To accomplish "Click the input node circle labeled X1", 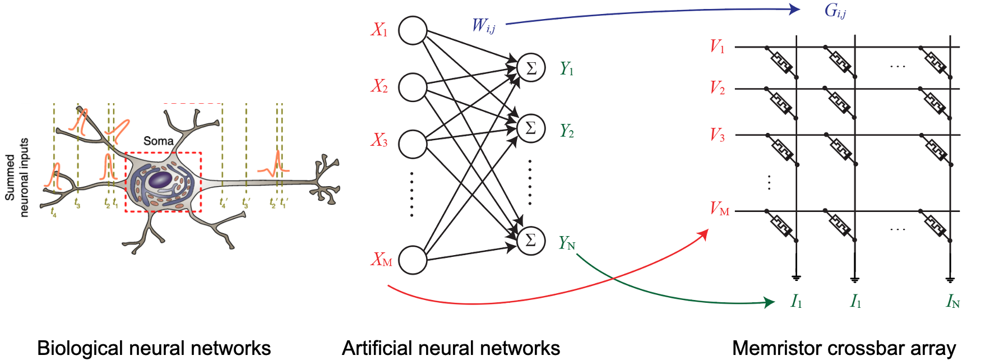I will click(413, 30).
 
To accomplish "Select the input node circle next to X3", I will click(413, 144).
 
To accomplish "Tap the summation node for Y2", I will click(531, 128).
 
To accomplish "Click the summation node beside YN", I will click(531, 240).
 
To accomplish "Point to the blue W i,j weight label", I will click(483, 26).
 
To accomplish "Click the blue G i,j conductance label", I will click(835, 11).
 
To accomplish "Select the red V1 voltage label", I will click(717, 46).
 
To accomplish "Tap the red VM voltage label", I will click(719, 209).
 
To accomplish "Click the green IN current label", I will click(952, 302).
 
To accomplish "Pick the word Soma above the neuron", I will click(158, 141).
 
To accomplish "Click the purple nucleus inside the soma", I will click(160, 180).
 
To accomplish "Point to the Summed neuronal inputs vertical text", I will click(16, 177).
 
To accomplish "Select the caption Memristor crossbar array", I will click(844, 348).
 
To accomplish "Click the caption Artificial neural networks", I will click(451, 348).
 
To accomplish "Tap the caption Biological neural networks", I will click(154, 348).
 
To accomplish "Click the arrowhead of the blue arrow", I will click(794, 9).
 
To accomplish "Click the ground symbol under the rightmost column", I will click(950, 278).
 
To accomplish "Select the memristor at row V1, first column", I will click(781, 62).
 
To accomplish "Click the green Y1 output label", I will click(567, 69).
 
